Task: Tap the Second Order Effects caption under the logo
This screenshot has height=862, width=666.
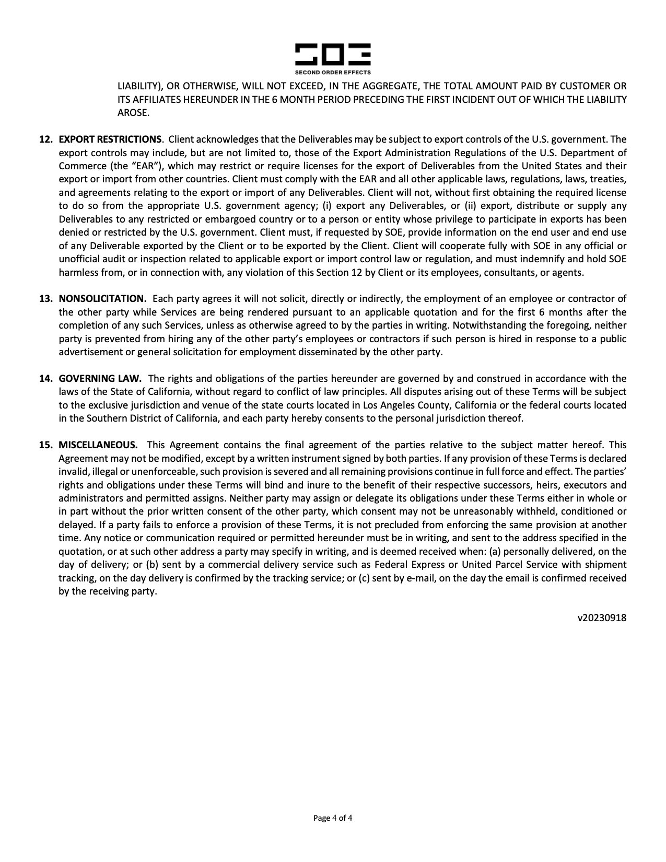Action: point(333,72)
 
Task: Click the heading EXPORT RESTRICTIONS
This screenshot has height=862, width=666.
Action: point(110,139)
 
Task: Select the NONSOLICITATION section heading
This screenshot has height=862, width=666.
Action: point(102,299)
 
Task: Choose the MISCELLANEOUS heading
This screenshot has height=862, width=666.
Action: point(98,445)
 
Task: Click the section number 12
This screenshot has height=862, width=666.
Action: point(46,139)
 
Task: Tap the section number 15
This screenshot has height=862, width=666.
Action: point(46,445)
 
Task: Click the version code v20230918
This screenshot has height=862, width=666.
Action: point(602,618)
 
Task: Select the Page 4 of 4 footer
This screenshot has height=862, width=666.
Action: point(333,818)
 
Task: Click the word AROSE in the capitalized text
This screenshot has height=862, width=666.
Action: point(133,112)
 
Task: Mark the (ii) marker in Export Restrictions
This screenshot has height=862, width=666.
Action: point(470,206)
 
